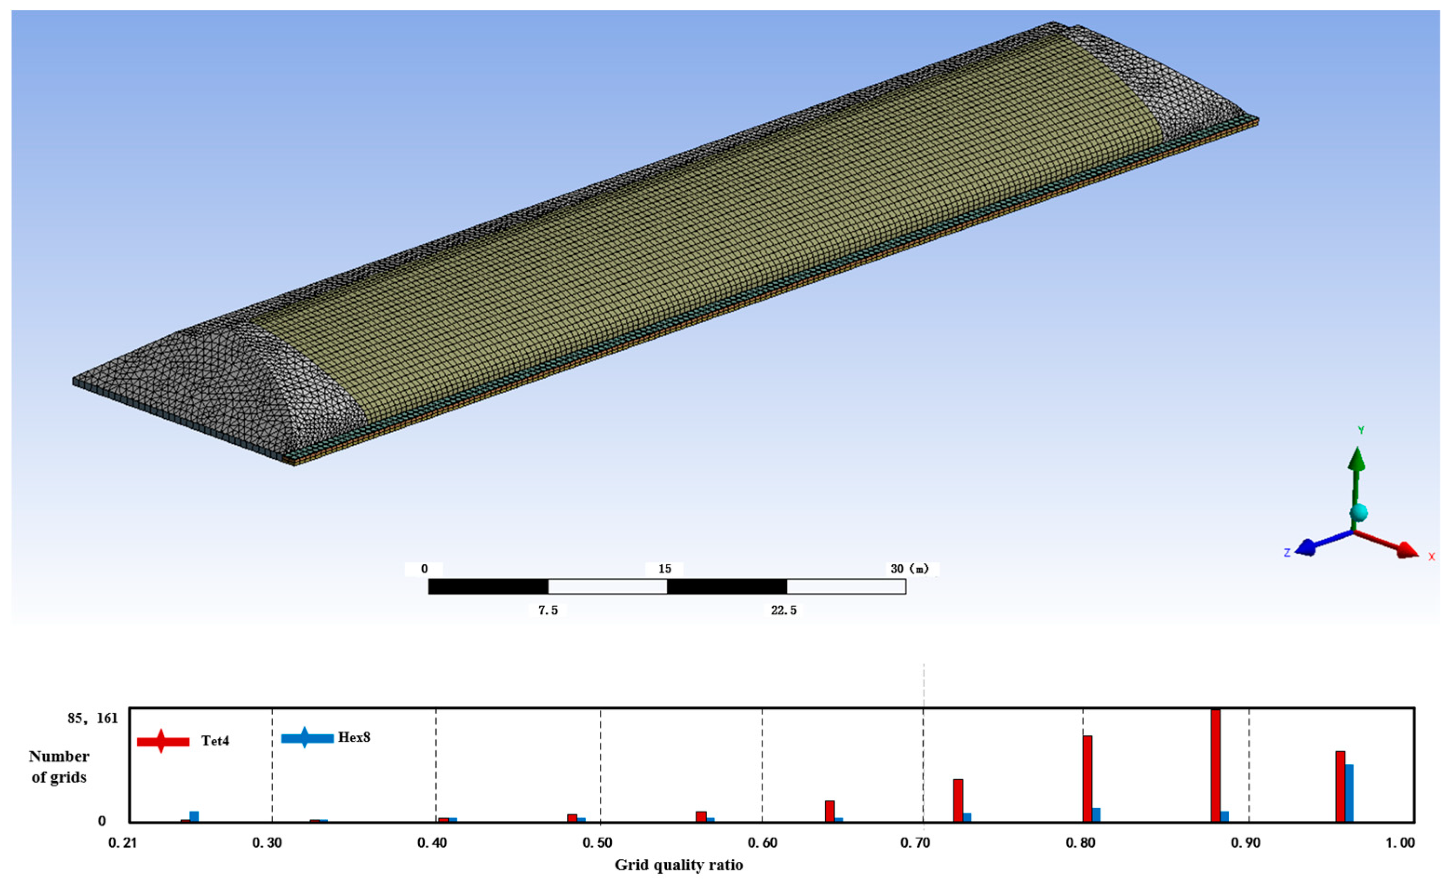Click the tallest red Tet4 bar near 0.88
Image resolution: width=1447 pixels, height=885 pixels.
[1216, 765]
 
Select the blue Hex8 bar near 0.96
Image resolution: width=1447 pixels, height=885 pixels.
[1349, 793]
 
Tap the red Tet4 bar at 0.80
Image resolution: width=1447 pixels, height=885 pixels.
[1088, 779]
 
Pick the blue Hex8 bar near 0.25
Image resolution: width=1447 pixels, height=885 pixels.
[194, 816]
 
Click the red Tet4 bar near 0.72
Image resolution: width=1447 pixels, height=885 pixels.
[958, 800]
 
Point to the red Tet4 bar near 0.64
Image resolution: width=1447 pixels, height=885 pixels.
[830, 811]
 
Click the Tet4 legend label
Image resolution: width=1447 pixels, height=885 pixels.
[215, 741]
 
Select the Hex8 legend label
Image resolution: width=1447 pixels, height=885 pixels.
[354, 737]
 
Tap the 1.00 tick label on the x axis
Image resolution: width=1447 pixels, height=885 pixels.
[1400, 843]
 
